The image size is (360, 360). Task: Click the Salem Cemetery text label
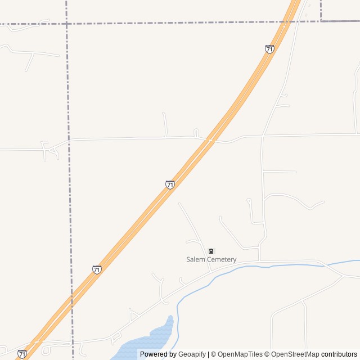[x=211, y=259]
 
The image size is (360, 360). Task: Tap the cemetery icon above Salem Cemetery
[x=211, y=251]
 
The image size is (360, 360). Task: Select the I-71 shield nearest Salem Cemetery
[x=170, y=184]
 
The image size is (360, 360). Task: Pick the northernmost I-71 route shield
[x=269, y=49]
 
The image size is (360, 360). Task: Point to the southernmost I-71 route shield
[x=21, y=354]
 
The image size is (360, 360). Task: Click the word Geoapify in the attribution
[x=192, y=354]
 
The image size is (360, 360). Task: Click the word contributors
[x=339, y=354]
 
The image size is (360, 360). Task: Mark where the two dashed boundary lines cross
[x=66, y=24]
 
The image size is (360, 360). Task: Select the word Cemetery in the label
[x=222, y=259]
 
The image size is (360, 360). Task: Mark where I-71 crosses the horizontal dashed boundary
[x=289, y=22]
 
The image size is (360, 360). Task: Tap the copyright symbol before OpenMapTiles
[x=213, y=354]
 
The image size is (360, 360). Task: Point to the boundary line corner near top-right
[x=321, y=21]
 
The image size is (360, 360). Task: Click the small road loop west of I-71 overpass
[x=196, y=133]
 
